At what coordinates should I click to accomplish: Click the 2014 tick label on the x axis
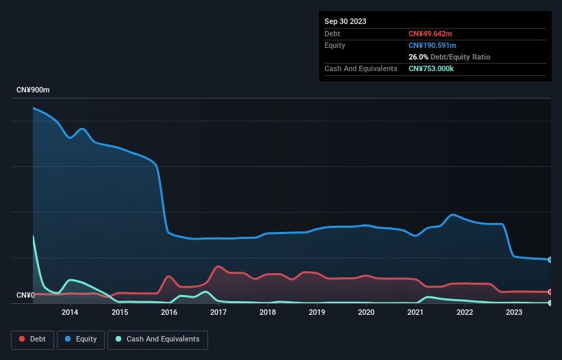point(70,313)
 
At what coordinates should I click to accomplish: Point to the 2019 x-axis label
point(317,313)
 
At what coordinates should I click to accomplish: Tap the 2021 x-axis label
point(416,313)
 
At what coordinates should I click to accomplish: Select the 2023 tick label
point(514,313)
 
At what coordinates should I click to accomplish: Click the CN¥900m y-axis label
point(34,90)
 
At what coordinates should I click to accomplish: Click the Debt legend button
point(32,339)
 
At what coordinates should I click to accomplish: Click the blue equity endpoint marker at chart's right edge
point(550,260)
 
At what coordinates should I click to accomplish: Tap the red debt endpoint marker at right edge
point(550,292)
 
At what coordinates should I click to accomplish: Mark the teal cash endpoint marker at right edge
point(550,303)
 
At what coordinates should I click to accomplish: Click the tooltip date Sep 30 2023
point(345,21)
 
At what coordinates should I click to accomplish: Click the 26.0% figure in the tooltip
point(418,57)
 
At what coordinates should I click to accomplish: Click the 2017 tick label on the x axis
point(218,313)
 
